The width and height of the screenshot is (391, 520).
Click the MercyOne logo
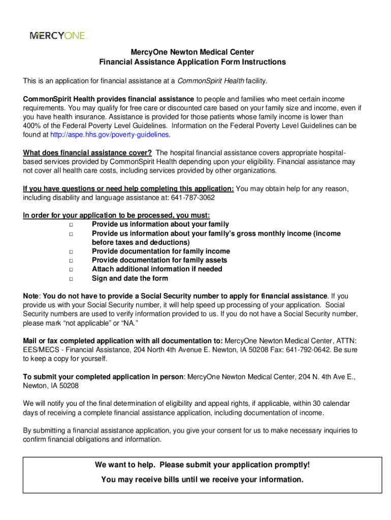[x=58, y=36]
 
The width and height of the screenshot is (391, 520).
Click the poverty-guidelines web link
[x=110, y=135]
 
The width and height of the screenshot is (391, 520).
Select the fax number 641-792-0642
[x=303, y=349]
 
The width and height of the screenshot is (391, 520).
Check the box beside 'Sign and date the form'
[x=72, y=279]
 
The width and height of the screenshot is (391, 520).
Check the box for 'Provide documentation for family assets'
[x=72, y=261]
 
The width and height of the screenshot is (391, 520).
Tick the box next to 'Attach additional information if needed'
[x=72, y=270]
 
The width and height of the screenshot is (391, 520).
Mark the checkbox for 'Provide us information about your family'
[x=72, y=224]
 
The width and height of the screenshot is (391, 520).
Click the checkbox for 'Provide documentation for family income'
[x=72, y=252]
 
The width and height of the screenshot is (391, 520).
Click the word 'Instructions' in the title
[x=262, y=62]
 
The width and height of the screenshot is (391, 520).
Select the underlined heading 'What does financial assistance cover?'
[x=87, y=153]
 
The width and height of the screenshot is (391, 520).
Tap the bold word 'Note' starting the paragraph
[x=31, y=296]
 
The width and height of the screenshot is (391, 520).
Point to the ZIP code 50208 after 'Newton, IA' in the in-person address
[x=69, y=385]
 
